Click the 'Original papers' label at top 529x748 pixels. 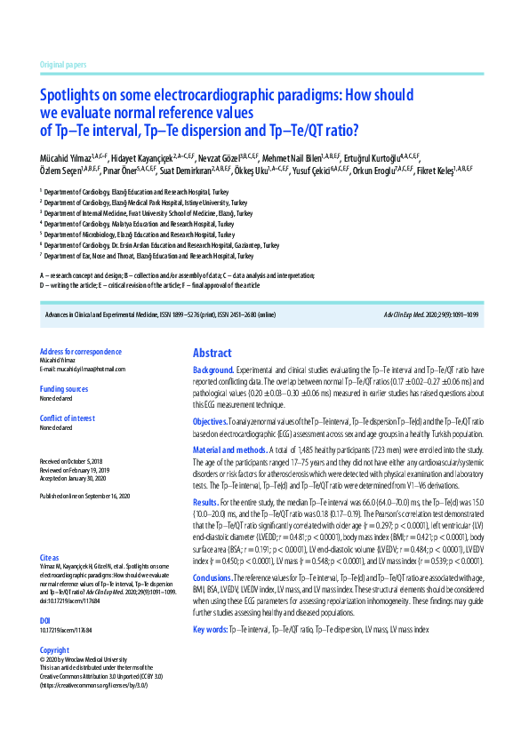[x=63, y=66]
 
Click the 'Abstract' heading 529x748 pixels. [x=212, y=353]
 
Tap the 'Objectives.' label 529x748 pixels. [x=212, y=420]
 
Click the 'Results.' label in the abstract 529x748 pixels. [x=206, y=502]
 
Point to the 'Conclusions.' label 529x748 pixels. [x=213, y=578]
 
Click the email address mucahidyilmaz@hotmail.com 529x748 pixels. [x=83, y=369]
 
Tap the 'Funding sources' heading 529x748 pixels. [x=64, y=389]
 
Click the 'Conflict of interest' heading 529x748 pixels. [x=68, y=418]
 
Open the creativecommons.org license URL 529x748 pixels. [x=93, y=686]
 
